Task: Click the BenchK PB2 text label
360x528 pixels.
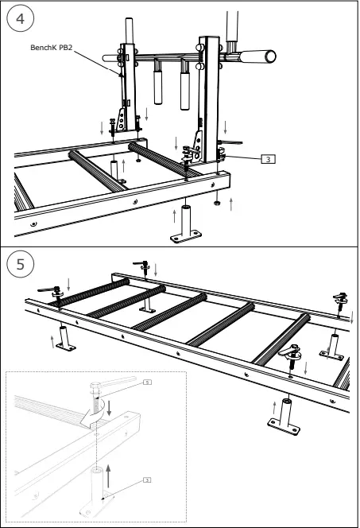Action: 52,48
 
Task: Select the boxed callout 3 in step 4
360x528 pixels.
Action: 269,159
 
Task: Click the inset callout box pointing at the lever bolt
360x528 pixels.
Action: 147,382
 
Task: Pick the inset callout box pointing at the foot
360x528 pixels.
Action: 147,479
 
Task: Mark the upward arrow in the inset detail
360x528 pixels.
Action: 110,476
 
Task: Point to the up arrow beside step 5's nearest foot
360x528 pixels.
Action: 274,408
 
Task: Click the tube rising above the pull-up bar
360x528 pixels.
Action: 232,24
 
